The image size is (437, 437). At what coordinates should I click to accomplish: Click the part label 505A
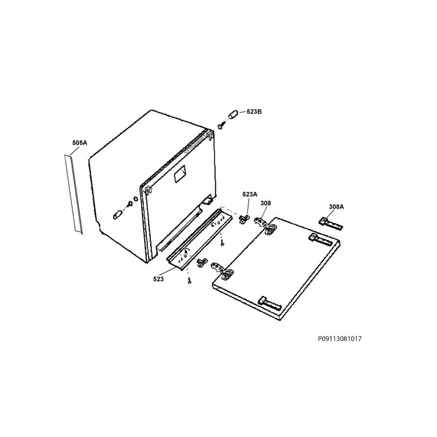[80, 143]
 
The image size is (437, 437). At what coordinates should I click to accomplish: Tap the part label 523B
[254, 112]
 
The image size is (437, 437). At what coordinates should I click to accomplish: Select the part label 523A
[250, 195]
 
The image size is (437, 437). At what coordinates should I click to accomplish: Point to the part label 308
[265, 203]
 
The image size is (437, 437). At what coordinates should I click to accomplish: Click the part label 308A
[336, 207]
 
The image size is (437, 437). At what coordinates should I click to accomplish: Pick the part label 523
[158, 279]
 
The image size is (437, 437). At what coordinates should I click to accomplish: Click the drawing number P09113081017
[340, 339]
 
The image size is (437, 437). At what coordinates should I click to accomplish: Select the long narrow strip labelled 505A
[73, 194]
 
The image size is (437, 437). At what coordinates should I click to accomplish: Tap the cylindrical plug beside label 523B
[233, 114]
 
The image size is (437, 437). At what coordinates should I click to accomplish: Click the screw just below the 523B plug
[221, 126]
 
